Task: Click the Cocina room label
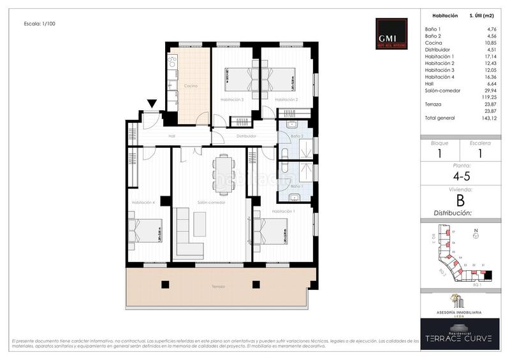pos(190,85)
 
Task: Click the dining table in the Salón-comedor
pos(224,171)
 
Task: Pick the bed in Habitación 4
pos(147,231)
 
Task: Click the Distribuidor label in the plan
pos(245,136)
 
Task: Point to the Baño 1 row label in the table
pos(433,30)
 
